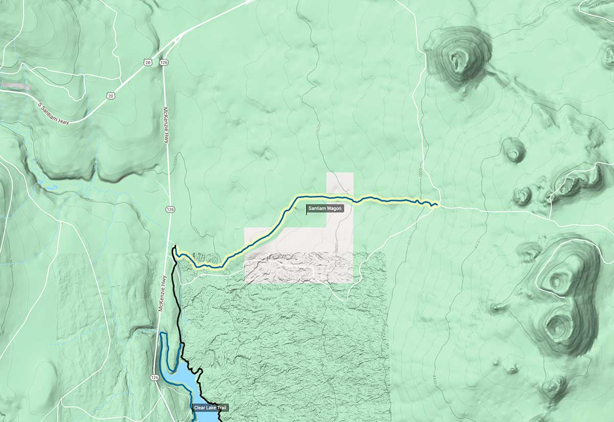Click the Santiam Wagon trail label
point(325,208)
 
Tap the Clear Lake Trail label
point(210,408)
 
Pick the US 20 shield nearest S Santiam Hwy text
point(111,95)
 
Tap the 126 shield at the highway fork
point(164,62)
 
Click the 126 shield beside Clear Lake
point(155,377)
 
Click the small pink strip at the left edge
point(15,86)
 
